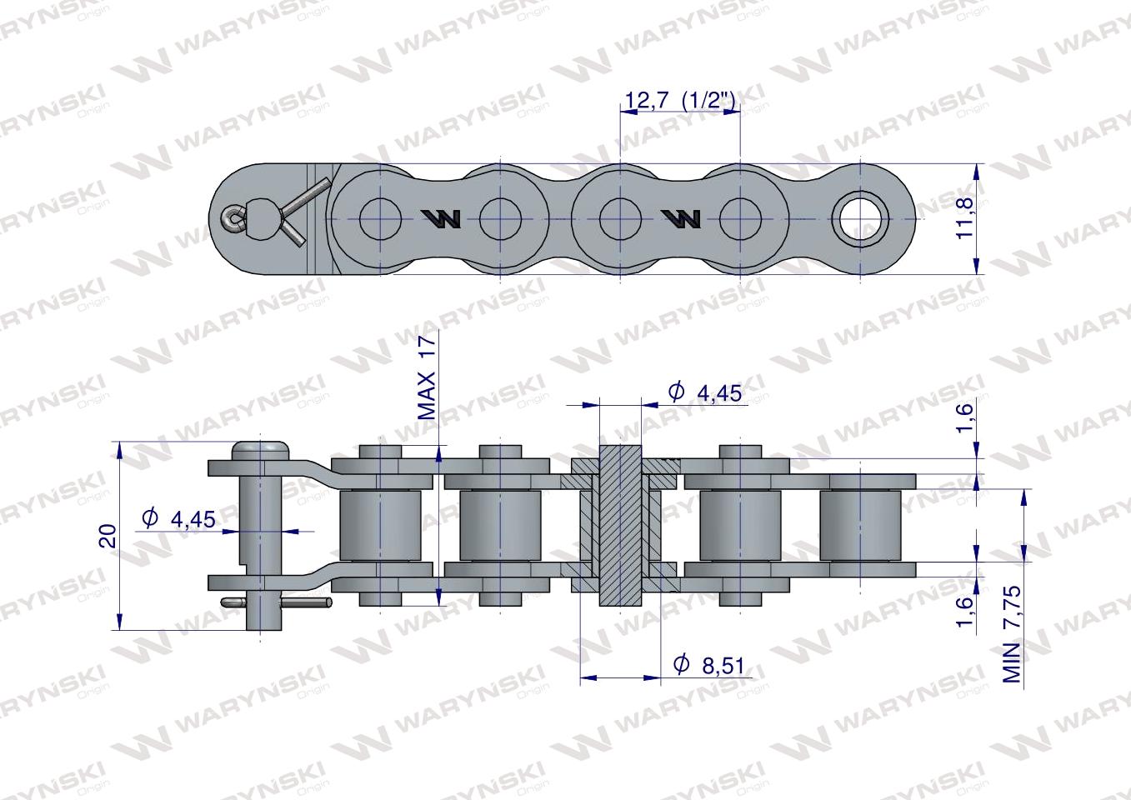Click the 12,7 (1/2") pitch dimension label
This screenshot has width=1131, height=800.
coord(679,102)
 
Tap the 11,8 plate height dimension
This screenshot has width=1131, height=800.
coord(965,218)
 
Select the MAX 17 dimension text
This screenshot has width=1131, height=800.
coord(428,378)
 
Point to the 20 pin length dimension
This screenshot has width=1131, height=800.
coord(108,536)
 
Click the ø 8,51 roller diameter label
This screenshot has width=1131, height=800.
coord(709,666)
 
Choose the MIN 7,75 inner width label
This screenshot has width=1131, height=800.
coord(1012,634)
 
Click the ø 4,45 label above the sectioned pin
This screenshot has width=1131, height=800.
coord(705,392)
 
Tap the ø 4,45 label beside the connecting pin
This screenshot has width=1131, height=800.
coord(178,519)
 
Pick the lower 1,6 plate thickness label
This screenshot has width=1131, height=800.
coord(965,612)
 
